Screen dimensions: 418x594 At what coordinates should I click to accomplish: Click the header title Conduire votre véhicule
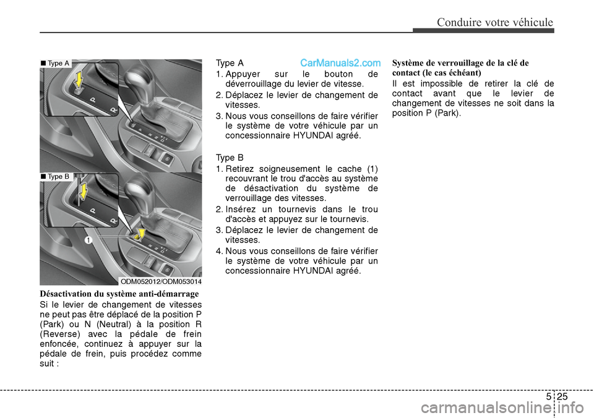[494, 23]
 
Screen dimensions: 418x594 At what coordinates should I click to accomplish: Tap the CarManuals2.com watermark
[340, 63]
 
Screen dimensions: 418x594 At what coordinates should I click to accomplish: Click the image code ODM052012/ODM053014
[161, 281]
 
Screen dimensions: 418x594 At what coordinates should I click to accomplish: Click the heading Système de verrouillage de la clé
[460, 63]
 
